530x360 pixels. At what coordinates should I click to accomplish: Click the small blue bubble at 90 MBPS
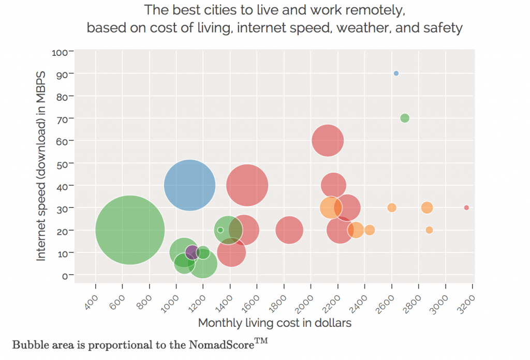pos(396,73)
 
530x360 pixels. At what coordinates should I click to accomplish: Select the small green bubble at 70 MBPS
pos(405,118)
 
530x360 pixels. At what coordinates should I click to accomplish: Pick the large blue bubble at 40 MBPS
pos(189,185)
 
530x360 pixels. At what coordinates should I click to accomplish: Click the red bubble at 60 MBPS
pos(328,140)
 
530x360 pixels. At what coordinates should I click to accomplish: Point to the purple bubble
pos(192,252)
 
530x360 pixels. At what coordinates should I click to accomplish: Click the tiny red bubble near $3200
pos(466,207)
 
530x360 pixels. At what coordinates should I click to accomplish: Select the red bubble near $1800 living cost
pos(289,230)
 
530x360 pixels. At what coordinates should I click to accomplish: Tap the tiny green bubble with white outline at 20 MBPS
pos(220,230)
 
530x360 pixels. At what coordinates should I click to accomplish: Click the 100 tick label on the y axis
pos(59,52)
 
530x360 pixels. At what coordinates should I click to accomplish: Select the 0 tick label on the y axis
pos(64,275)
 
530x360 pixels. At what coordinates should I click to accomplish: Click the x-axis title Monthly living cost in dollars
pos(275,323)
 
